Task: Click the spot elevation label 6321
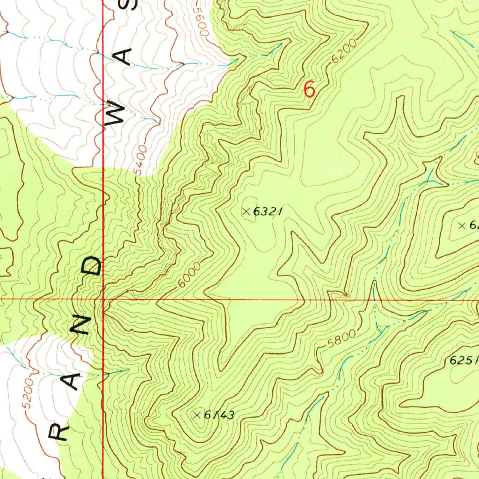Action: [268, 212]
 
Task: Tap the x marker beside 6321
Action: [247, 211]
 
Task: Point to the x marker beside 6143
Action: [197, 414]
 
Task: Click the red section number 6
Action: [309, 89]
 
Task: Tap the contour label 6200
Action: [345, 52]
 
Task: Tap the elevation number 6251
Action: [463, 361]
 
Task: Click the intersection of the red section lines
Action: [103, 298]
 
